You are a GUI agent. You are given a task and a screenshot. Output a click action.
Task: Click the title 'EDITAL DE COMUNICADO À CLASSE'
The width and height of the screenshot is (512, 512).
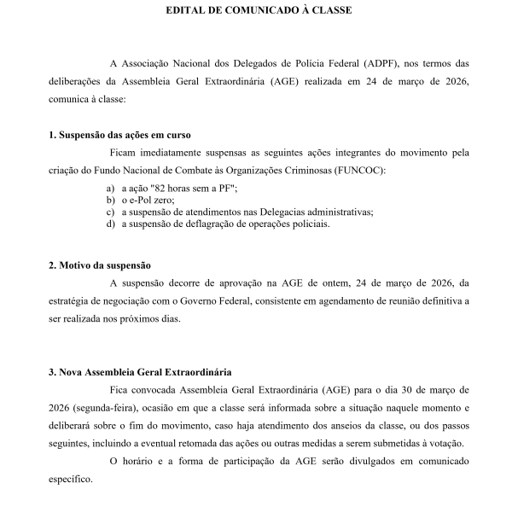click(256, 12)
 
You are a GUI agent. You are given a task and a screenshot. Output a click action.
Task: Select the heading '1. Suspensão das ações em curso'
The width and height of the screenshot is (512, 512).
click(119, 135)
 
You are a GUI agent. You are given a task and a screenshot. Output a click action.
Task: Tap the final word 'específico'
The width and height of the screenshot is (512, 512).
click(70, 480)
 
